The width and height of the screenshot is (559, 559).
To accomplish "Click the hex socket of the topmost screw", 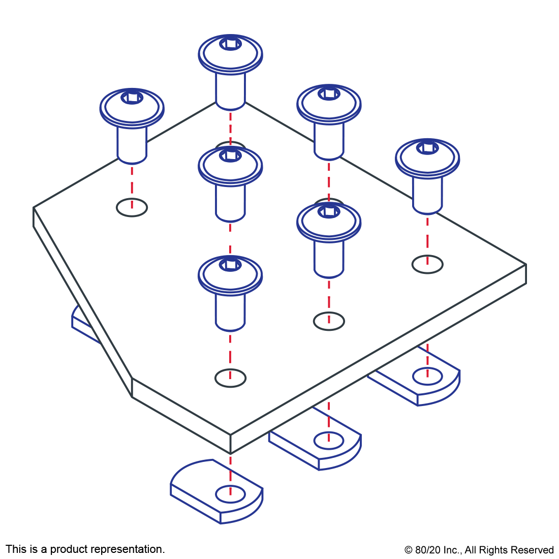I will pos(231,44).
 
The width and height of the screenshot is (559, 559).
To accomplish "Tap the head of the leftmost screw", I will pos(132,108).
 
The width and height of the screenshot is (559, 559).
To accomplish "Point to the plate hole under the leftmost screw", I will pos(132,207).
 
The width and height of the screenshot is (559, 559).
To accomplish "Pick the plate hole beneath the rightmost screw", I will pos(427,264).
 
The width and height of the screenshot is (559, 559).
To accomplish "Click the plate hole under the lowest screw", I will pos(230,378).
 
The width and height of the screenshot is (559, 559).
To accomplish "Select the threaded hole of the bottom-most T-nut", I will pos(230,493).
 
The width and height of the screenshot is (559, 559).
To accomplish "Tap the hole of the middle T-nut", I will pos(329,440).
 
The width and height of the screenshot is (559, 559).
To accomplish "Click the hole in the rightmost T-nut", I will pos(427,377).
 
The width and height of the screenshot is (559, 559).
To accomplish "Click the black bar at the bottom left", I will pos(85,550).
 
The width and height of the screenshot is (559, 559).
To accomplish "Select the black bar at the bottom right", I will pos(479,551).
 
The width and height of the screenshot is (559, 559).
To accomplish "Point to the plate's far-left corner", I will pos(34,208).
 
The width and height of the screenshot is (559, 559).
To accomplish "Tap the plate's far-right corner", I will pos(525,264).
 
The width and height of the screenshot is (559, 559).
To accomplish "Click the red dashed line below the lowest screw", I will pos(230,353).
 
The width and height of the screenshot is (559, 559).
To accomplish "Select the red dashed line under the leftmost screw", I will pos(132,183).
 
